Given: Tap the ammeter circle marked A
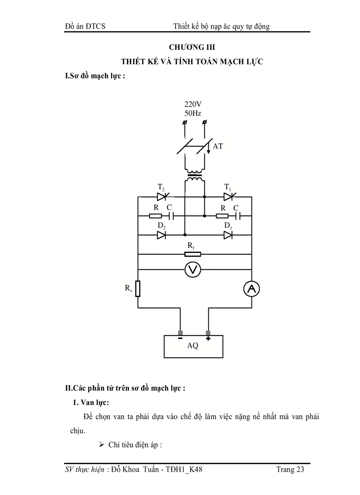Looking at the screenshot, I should click(251, 289).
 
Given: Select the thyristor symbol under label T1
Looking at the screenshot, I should click(228, 197).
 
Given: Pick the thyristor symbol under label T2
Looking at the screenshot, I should click(161, 197).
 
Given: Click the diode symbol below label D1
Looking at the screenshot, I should click(228, 235).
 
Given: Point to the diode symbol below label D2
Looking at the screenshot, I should click(161, 235).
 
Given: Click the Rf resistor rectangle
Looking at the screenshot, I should click(192, 254).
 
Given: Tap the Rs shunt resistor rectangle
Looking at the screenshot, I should click(138, 289).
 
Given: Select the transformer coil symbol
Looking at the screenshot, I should click(195, 176).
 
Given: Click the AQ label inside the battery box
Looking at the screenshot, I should click(193, 346).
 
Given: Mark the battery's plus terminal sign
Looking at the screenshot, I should click(208, 339).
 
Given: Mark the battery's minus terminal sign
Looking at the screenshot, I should click(180, 339).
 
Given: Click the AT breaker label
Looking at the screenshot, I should click(218, 146).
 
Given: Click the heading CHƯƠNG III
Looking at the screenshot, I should click(192, 47).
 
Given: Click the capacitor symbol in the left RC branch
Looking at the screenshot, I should click(172, 216).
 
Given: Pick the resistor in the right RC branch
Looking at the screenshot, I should click(222, 216).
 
